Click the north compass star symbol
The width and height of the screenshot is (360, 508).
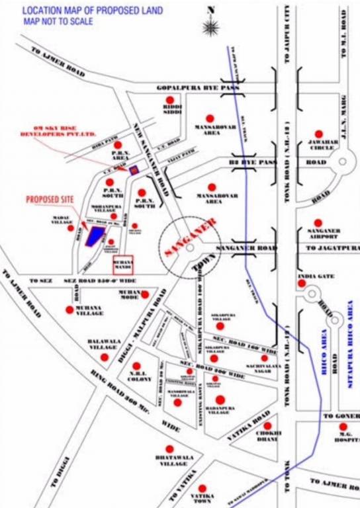point(212,26)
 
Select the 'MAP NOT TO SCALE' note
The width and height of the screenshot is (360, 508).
point(58,22)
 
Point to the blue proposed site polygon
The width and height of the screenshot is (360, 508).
point(97,235)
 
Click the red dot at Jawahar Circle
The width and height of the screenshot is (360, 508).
point(319,134)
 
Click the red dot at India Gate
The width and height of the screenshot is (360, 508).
point(302,283)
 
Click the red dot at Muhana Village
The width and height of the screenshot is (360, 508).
point(69,309)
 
